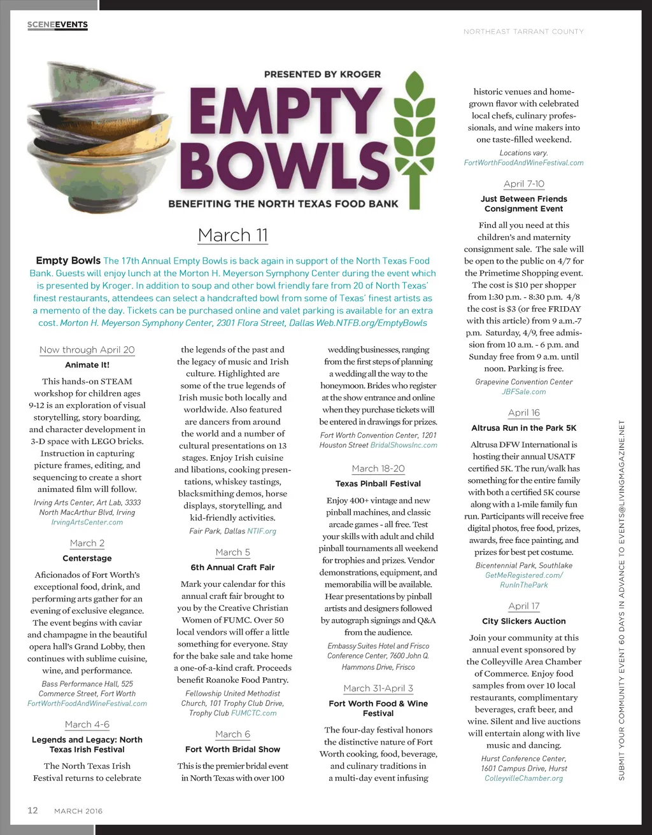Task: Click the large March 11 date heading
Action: (x=232, y=235)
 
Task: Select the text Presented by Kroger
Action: (x=322, y=74)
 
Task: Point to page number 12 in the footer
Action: (x=32, y=810)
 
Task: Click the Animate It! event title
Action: (x=87, y=365)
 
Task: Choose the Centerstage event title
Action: (x=87, y=558)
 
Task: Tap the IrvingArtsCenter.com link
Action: (x=87, y=522)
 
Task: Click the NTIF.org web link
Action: (x=262, y=531)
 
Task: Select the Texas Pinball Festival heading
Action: (x=378, y=484)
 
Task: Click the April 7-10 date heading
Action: (x=523, y=184)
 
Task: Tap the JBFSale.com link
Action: (x=523, y=391)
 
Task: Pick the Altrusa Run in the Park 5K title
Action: (x=523, y=428)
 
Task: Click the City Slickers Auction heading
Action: (x=523, y=621)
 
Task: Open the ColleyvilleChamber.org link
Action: (x=523, y=778)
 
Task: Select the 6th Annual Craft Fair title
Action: (x=232, y=567)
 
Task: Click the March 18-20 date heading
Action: (x=378, y=468)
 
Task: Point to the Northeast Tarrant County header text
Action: (x=523, y=31)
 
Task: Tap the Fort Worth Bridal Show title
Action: (x=232, y=749)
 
